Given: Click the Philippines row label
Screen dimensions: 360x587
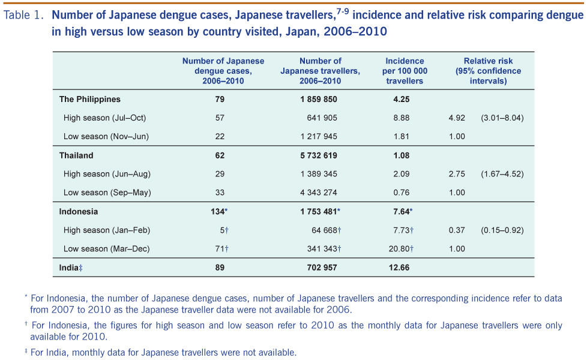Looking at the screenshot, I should pyautogui.click(x=89, y=99).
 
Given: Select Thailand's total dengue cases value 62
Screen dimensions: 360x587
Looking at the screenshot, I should pyautogui.click(x=220, y=155).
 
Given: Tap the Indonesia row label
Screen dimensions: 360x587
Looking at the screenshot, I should pyautogui.click(x=79, y=211).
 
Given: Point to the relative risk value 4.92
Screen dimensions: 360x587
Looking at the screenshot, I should pyautogui.click(x=457, y=118).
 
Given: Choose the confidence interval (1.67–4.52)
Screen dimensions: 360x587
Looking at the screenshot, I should pyautogui.click(x=502, y=174).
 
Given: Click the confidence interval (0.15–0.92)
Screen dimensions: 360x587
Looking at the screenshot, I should pyautogui.click(x=502, y=230).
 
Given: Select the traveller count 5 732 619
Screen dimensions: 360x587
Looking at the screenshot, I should pyautogui.click(x=319, y=155).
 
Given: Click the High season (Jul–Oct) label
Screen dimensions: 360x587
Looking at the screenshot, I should pyautogui.click(x=104, y=118).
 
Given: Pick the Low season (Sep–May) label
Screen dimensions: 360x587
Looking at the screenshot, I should pyautogui.click(x=107, y=193).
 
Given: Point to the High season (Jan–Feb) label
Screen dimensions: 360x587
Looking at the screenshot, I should pyautogui.click(x=106, y=230).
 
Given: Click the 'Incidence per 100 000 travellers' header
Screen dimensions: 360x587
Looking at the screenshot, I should pyautogui.click(x=405, y=71).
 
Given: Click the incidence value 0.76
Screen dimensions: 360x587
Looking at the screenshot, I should pyautogui.click(x=401, y=193).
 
